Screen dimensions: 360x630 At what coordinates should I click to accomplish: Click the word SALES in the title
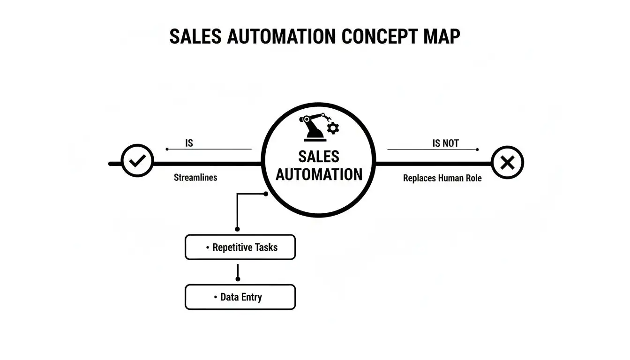click(195, 36)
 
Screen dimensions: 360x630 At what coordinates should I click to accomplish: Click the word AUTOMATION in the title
click(281, 36)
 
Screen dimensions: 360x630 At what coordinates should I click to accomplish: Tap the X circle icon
click(507, 163)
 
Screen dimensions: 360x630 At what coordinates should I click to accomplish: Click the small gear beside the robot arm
click(334, 128)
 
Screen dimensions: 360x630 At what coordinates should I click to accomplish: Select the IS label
click(189, 143)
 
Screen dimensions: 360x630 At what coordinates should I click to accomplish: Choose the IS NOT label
click(445, 143)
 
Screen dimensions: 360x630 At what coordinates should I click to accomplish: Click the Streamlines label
click(195, 178)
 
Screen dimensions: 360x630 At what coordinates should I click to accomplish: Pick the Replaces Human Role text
click(442, 178)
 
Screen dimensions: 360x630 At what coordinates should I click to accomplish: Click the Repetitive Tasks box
click(240, 247)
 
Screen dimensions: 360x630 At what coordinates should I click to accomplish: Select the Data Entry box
click(240, 297)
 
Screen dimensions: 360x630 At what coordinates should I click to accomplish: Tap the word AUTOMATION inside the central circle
click(319, 174)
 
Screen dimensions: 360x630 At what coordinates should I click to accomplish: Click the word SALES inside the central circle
click(319, 157)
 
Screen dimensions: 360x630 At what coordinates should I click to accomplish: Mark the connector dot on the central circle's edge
click(266, 193)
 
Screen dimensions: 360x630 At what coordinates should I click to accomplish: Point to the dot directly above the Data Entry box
click(238, 279)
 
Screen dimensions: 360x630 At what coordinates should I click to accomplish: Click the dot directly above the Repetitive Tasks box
click(238, 229)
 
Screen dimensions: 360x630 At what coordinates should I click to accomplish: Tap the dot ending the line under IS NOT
click(477, 150)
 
